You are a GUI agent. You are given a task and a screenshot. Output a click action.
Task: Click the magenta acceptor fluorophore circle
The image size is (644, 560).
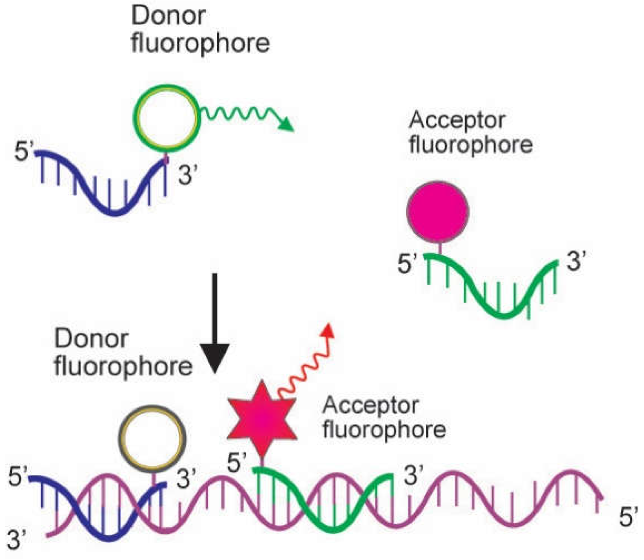pyautogui.click(x=437, y=211)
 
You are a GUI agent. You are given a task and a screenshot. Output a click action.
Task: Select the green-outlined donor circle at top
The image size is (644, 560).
pyautogui.click(x=167, y=118)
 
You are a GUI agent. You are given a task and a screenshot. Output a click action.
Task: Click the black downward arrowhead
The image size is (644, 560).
pyautogui.click(x=215, y=358)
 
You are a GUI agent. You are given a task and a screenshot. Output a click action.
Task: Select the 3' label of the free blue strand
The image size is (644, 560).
pyautogui.click(x=188, y=176)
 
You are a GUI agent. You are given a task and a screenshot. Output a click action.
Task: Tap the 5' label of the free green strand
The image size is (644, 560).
pyautogui.click(x=407, y=263)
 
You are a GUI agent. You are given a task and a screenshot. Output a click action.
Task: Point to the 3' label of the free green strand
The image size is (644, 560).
pyautogui.click(x=576, y=260)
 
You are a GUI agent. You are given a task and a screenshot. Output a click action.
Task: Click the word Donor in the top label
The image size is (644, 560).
pyautogui.click(x=168, y=16)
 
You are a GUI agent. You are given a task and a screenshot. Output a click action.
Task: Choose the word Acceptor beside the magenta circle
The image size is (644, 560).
pyautogui.click(x=457, y=121)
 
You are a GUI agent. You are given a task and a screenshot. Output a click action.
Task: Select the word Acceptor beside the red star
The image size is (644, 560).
pyautogui.click(x=370, y=405)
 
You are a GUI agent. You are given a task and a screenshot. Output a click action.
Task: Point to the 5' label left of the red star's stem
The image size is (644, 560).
pyautogui.click(x=237, y=463)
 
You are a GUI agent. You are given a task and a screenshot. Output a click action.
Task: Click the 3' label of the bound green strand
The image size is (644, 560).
pyautogui.click(x=413, y=475)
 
